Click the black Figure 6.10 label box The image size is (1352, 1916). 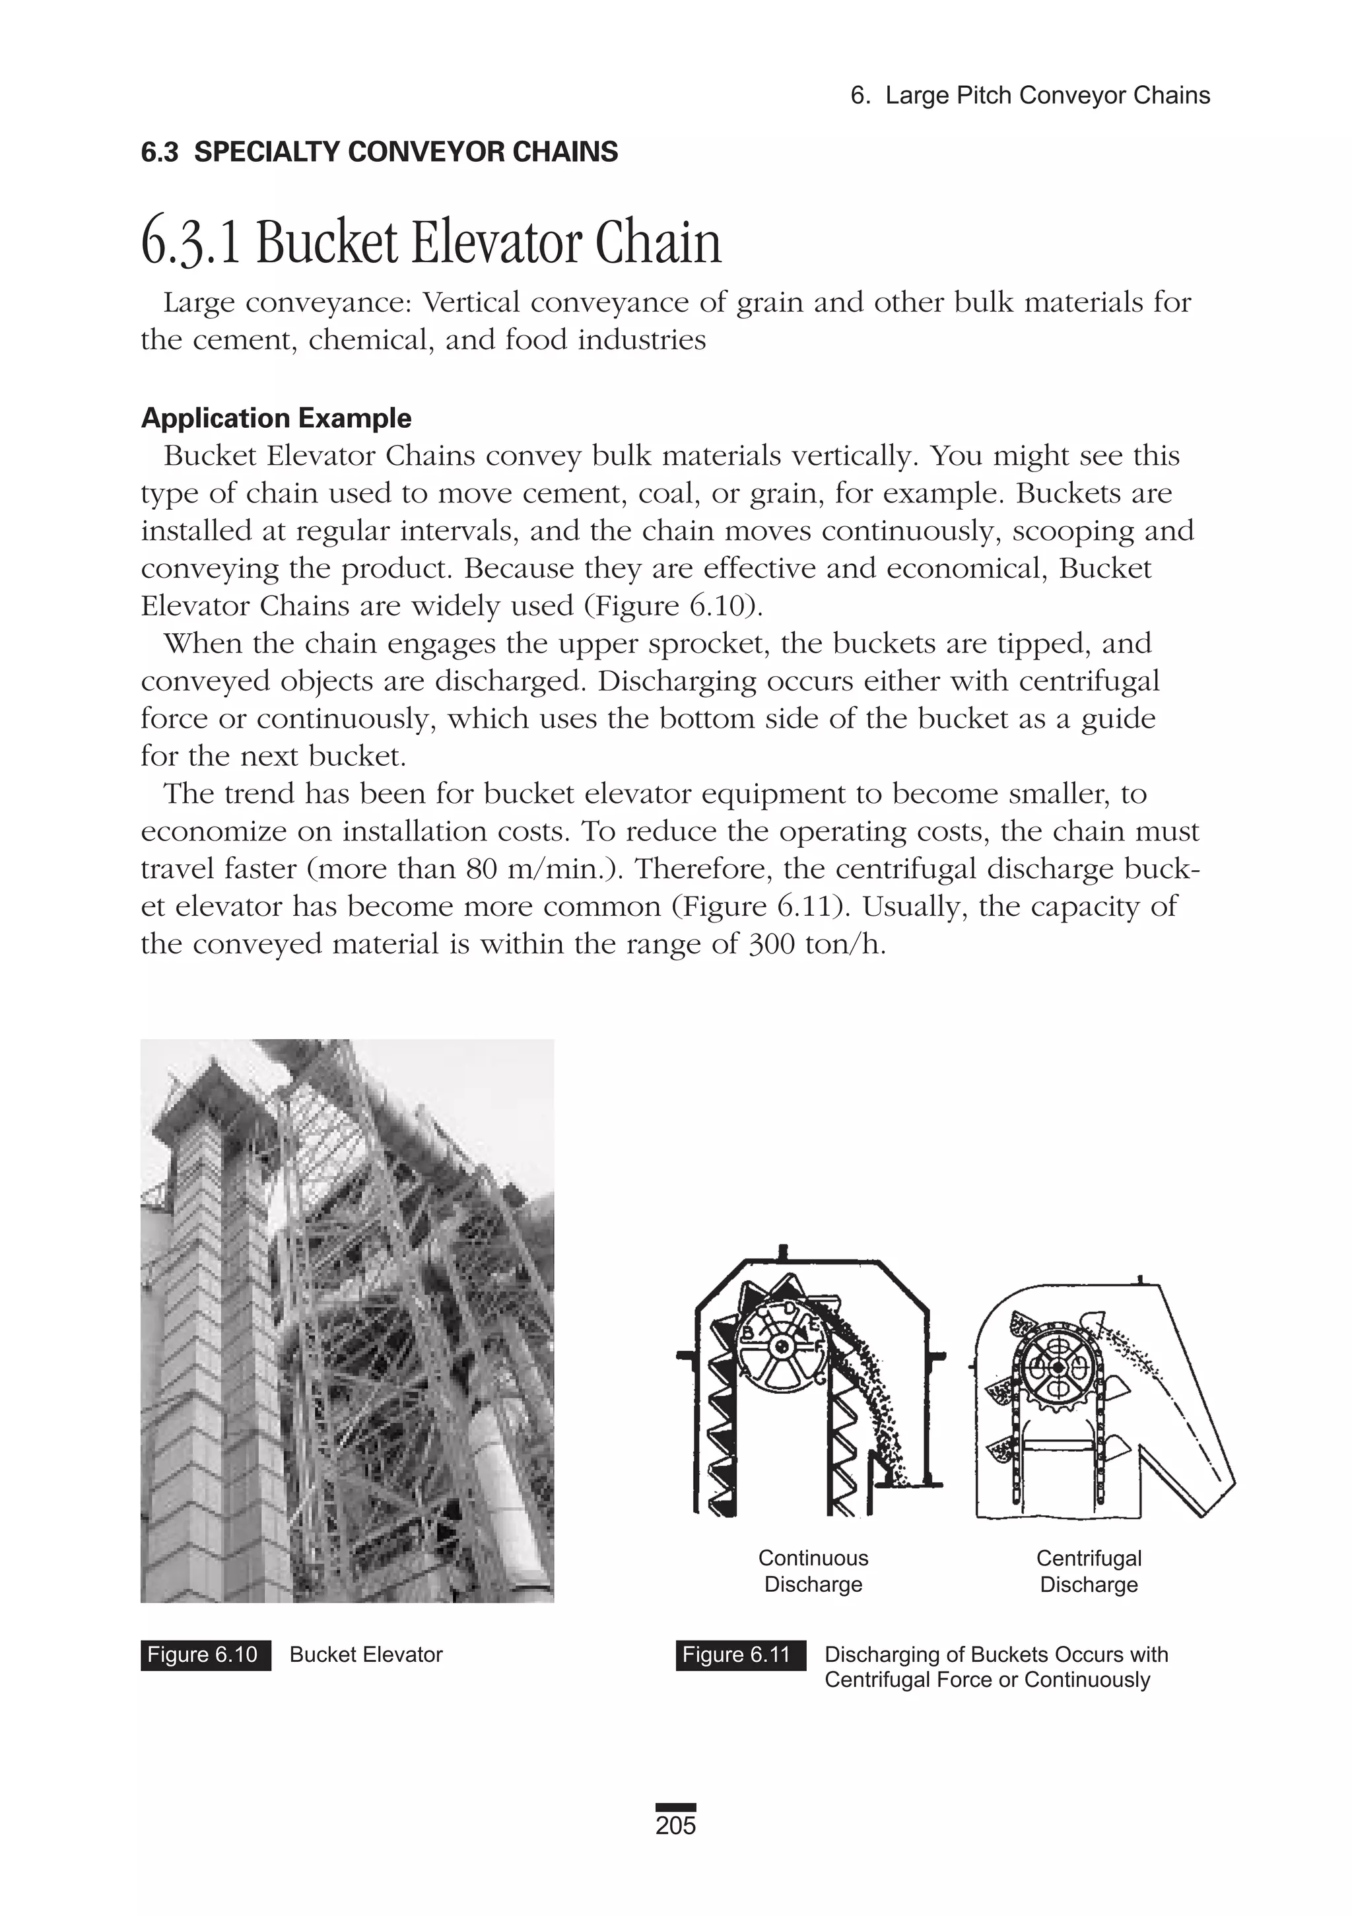pos(205,1654)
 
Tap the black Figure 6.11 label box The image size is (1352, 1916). pos(740,1654)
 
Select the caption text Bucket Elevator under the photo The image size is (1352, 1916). pos(366,1654)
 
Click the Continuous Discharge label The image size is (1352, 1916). pos(813,1571)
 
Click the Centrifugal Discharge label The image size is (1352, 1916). pos(1089,1571)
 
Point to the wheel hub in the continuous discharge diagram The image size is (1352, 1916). pos(782,1347)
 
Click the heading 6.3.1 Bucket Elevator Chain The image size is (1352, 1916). pos(430,243)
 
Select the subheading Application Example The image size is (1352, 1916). pos(276,417)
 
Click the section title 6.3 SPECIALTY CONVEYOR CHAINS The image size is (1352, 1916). pos(380,152)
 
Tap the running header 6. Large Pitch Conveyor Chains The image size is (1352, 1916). pos(1030,95)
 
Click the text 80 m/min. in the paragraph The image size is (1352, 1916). pos(543,869)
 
